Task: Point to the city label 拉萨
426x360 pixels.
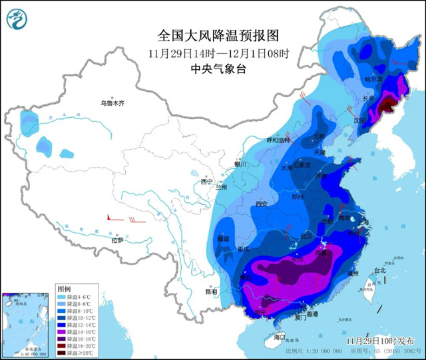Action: coord(117,240)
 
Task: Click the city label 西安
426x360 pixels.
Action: coord(260,204)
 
